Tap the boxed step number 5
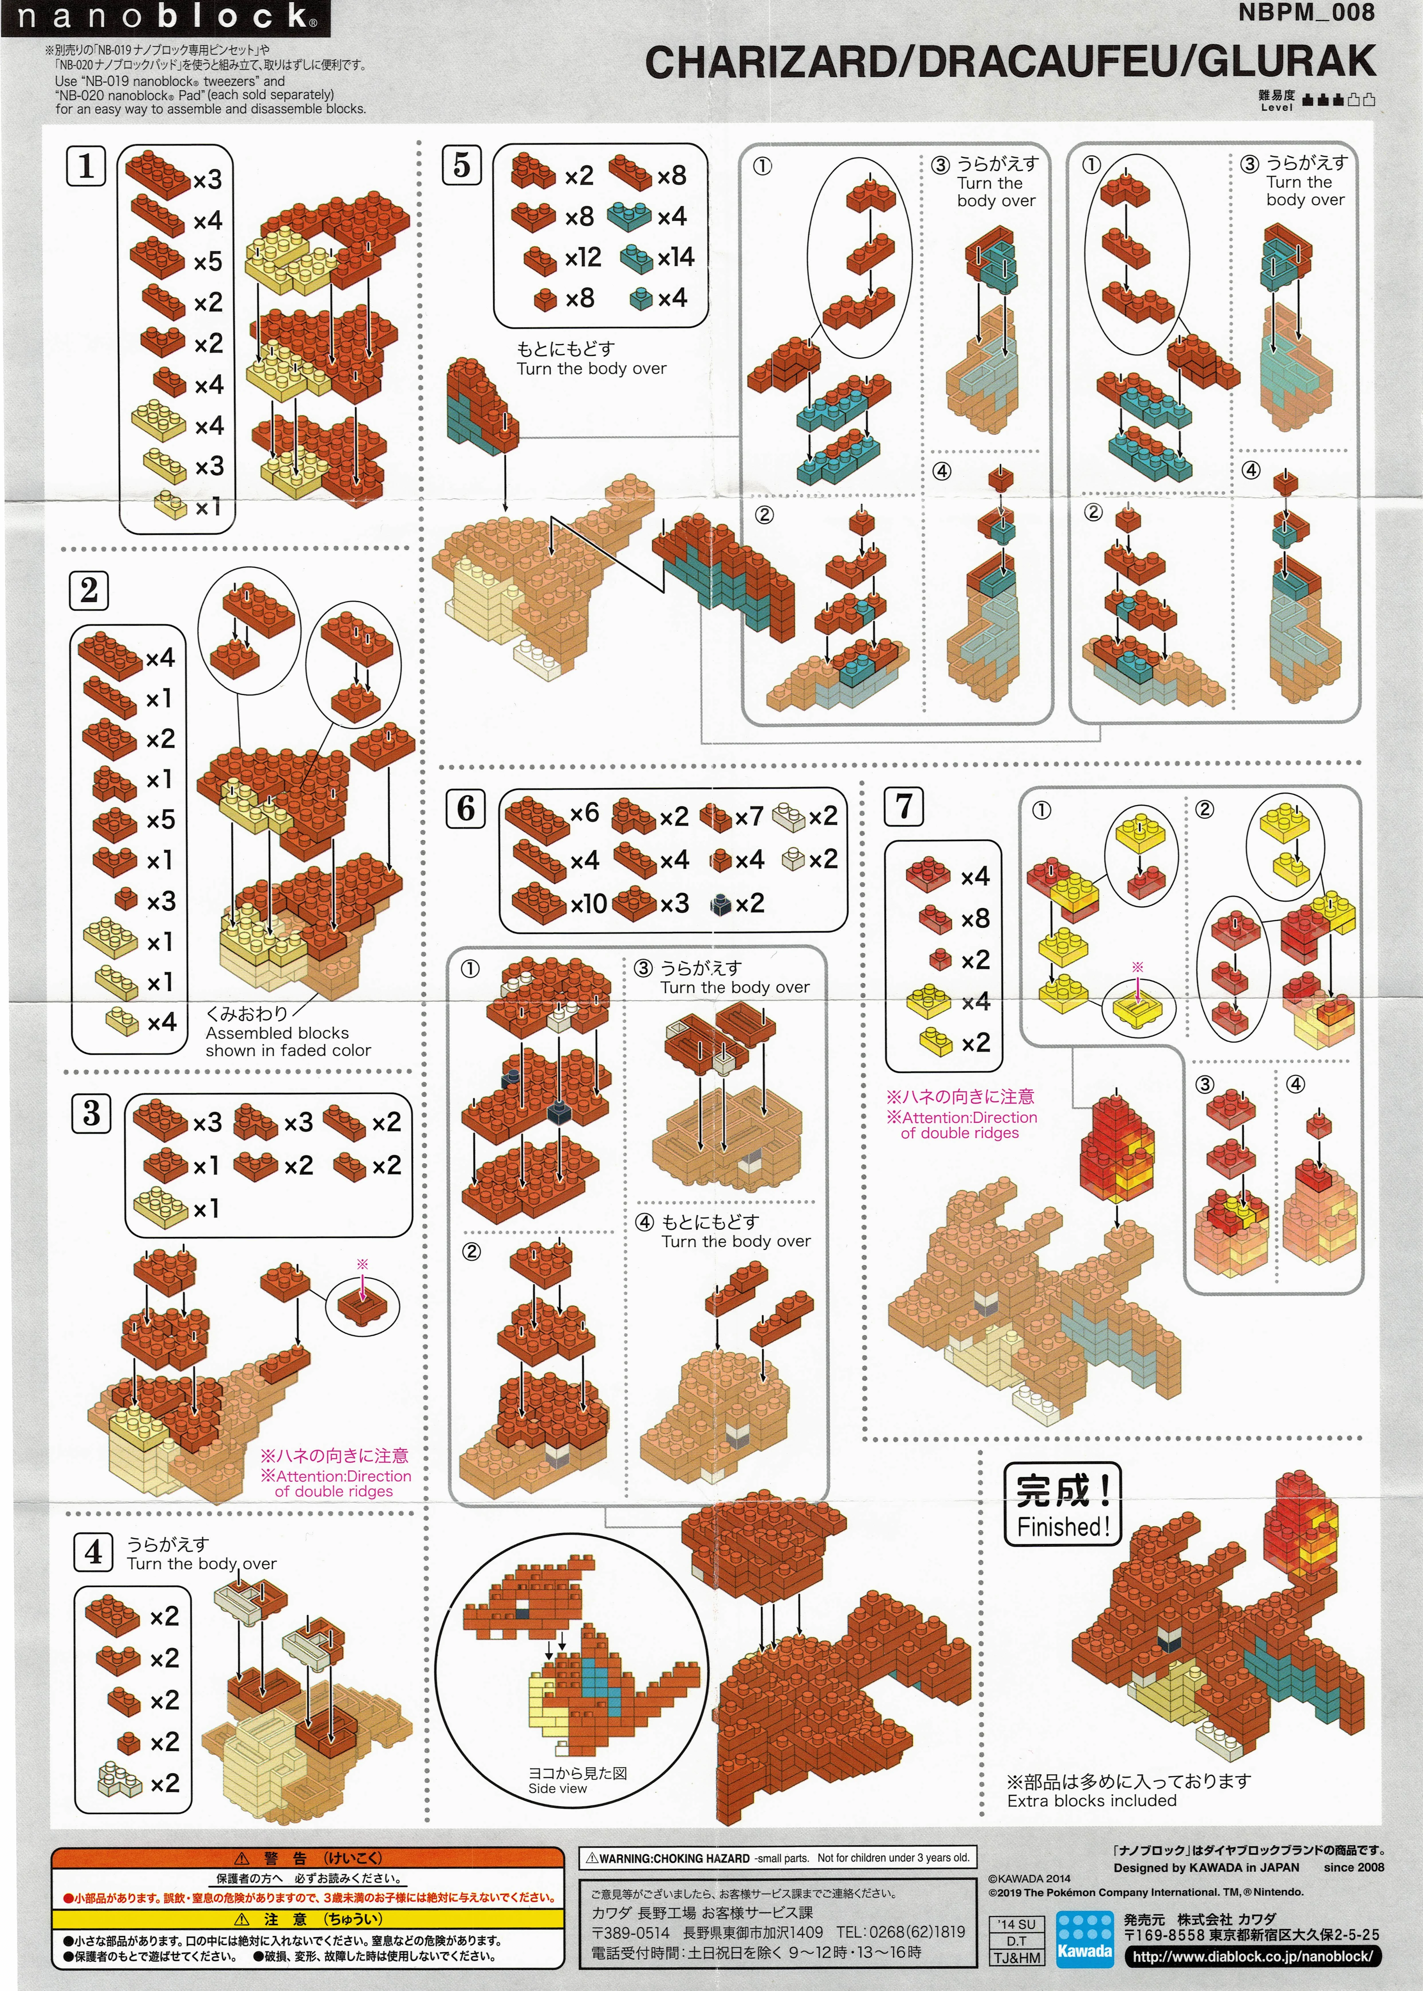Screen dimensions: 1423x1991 point(462,165)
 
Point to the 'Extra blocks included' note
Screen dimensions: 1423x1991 point(1092,1801)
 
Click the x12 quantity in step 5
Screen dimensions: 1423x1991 point(583,257)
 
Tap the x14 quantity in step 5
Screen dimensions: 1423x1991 point(676,257)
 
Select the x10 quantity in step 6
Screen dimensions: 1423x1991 point(588,903)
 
